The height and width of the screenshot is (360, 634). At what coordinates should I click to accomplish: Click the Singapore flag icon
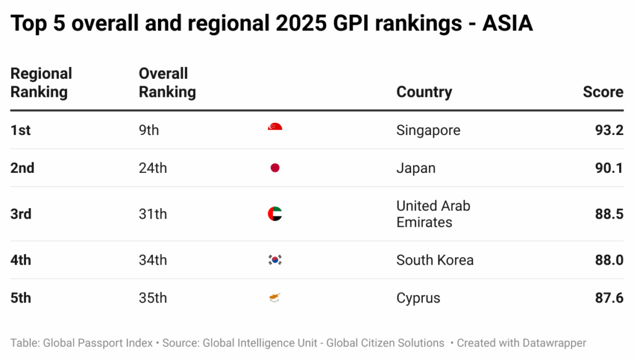pos(275,128)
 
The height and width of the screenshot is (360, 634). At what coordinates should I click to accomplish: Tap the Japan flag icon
pos(275,168)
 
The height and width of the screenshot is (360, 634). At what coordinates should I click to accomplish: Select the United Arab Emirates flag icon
pos(275,214)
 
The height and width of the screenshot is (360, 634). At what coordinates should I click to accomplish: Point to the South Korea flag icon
pos(275,260)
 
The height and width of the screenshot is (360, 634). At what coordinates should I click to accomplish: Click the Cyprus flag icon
pos(275,298)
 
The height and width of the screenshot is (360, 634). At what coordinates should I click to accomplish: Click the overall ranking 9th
pos(149,130)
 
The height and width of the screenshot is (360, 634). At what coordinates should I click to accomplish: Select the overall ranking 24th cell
pos(152,168)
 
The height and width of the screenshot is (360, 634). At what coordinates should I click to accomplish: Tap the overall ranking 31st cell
pos(152,214)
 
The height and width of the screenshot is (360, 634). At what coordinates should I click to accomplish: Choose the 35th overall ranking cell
pos(152,298)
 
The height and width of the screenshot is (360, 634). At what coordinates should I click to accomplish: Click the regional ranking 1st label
pos(20,130)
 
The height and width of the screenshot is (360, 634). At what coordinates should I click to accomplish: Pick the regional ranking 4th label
pos(20,260)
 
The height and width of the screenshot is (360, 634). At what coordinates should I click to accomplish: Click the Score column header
pos(602,92)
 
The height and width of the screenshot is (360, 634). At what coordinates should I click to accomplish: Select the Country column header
pos(424,92)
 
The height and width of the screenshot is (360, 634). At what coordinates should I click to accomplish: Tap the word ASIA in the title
pos(507,24)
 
